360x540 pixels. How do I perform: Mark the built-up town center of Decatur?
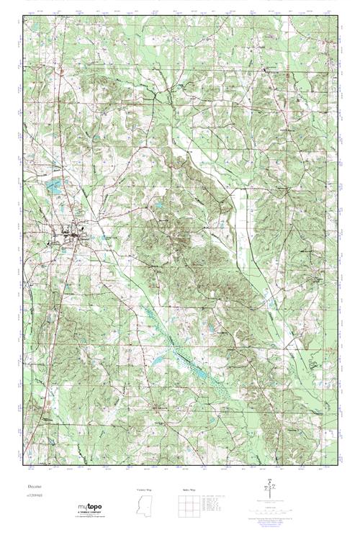click(68, 234)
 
